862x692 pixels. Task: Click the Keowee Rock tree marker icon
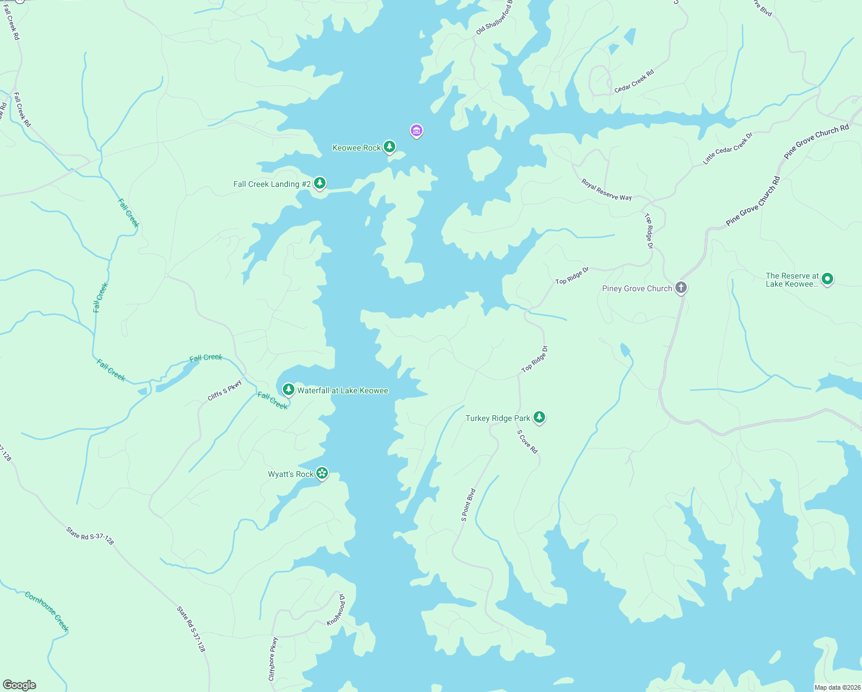[x=390, y=147]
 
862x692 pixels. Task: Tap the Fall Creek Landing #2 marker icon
[x=320, y=183]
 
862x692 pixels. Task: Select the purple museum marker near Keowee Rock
[x=416, y=131]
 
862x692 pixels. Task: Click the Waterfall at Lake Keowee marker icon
[x=289, y=390]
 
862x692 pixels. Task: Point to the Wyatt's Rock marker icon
[x=322, y=473]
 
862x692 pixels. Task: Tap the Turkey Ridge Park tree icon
[x=539, y=418]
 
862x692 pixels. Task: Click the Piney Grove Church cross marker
[x=681, y=288]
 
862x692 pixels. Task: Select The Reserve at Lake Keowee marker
[x=827, y=279]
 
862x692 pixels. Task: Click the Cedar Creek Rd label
[x=634, y=81]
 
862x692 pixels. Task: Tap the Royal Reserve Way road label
[x=606, y=190]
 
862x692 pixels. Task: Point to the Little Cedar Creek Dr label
[x=728, y=149]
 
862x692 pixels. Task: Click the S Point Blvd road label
[x=468, y=505]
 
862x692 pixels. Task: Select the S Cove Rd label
[x=527, y=442]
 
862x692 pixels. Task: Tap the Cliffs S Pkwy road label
[x=225, y=390]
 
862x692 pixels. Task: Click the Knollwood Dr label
[x=336, y=610]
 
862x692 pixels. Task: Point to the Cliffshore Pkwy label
[x=273, y=659]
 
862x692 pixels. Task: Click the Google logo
[x=20, y=685]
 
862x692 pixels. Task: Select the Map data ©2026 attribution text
[x=837, y=687]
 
